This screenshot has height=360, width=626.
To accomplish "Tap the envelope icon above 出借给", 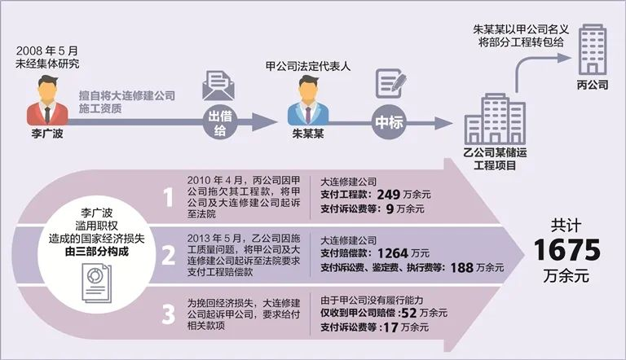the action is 218,86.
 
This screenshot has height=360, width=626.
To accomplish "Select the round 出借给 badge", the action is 220,122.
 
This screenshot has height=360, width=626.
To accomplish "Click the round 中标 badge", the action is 389,122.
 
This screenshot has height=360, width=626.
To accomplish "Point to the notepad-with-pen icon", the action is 391,84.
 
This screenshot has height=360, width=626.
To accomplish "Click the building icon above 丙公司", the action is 593,50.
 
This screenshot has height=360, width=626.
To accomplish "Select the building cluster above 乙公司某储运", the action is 495,119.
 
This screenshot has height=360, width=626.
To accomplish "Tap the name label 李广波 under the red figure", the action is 47,134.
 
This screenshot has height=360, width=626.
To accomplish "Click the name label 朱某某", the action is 308,134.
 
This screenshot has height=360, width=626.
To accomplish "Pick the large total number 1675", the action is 566,250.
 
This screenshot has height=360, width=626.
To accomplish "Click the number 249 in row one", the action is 389,195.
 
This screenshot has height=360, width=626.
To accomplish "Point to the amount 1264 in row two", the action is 392,253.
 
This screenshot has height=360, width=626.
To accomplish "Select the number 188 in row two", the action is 462,268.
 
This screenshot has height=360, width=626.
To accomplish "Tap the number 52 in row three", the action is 409,313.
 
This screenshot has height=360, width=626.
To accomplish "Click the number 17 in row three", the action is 391,327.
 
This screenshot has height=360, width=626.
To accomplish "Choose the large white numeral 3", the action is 169,314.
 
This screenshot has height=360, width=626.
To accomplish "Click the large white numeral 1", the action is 169,197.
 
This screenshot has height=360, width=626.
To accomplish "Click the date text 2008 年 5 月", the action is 47,51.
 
